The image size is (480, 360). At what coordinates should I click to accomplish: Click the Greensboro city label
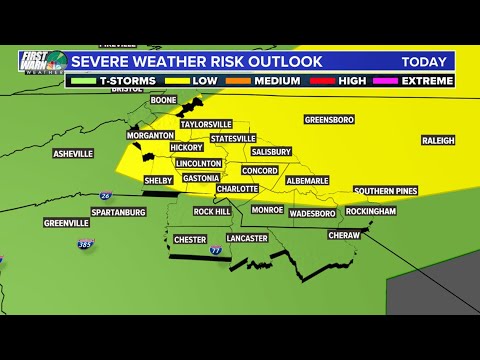[x=329, y=119]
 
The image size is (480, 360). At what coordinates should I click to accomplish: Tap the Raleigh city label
[x=438, y=141]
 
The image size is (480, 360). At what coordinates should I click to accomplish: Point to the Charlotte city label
[x=237, y=188]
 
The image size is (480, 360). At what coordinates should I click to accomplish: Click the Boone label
[x=163, y=101]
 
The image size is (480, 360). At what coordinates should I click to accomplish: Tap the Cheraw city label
[x=345, y=235]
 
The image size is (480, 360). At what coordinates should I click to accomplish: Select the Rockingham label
[x=371, y=212]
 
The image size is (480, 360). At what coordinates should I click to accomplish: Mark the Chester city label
[x=189, y=239]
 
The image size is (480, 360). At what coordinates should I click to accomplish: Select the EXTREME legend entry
[x=426, y=80]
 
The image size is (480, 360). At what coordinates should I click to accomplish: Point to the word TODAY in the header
[x=424, y=62]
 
